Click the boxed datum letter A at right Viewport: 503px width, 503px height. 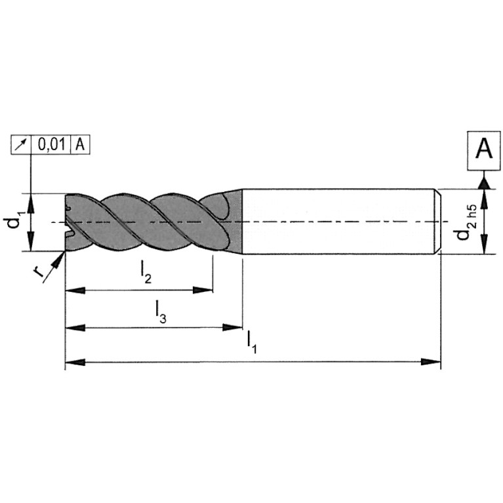coord(484,150)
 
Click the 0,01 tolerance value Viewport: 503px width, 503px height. coord(51,145)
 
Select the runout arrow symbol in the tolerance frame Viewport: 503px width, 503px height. coord(21,145)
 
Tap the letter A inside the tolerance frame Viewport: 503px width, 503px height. coord(80,145)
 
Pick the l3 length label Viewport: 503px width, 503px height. coord(161,312)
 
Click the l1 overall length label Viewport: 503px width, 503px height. coord(251,342)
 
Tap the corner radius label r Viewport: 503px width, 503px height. coord(38,272)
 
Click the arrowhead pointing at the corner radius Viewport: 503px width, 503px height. coord(59,259)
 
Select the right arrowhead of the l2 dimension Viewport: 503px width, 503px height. coord(203,291)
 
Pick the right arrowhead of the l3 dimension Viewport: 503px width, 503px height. coord(232,327)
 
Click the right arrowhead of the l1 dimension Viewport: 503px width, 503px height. coord(431,362)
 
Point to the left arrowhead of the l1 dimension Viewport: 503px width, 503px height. coord(75,362)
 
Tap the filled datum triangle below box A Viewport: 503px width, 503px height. coord(484,183)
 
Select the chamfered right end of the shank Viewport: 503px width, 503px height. coord(439,222)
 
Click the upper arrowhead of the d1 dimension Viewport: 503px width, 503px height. coord(30,203)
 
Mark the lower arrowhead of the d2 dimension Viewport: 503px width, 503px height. coord(485,244)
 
